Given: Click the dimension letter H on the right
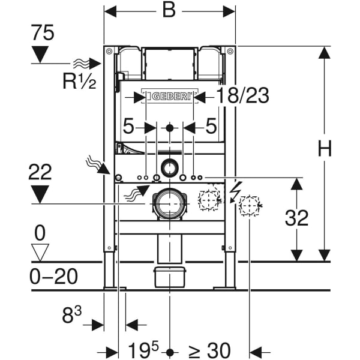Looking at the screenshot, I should [x=325, y=149].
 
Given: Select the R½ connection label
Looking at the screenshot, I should [x=80, y=81].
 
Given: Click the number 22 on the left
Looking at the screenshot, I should [x=40, y=172].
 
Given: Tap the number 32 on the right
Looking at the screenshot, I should [x=296, y=218].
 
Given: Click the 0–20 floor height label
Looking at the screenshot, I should [x=54, y=277].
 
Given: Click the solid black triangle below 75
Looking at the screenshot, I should [x=40, y=55].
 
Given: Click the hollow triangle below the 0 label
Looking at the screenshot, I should [x=40, y=252].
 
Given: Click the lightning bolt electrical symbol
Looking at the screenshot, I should [x=235, y=190].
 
